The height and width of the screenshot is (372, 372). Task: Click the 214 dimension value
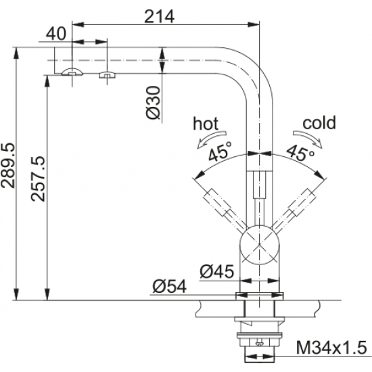159,17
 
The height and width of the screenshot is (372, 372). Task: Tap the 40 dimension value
56,33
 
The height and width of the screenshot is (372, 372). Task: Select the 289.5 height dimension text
8,165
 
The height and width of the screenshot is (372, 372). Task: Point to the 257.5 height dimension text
38,179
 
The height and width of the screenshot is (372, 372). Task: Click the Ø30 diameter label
154,103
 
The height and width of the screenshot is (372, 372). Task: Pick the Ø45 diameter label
217,271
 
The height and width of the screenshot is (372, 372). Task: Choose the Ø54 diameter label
170,286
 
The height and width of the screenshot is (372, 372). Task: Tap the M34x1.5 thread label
331,348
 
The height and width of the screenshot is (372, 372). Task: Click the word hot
206,123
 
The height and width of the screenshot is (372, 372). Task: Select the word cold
319,122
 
